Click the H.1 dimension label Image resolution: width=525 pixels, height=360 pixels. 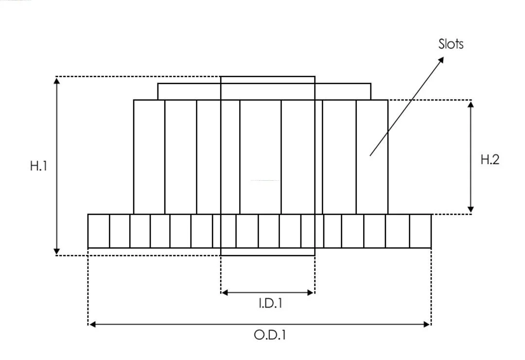click(38, 166)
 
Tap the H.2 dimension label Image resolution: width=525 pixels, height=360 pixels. click(490, 159)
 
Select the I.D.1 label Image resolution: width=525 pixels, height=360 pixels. click(271, 303)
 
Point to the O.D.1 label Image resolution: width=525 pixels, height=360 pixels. click(270, 335)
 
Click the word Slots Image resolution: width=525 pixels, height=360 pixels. click(451, 44)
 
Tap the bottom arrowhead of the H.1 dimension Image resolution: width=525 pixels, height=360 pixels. click(57, 251)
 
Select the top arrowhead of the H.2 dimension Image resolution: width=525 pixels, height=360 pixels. click(471, 104)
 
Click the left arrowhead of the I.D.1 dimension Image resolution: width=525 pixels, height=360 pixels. click(225, 293)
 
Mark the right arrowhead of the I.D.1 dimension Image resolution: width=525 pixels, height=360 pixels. click(310, 293)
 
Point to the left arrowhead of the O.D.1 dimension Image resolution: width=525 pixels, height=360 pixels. click(92, 324)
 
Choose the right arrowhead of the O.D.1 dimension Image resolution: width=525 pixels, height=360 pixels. click(427, 324)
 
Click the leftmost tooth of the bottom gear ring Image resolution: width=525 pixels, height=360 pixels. click(98, 231)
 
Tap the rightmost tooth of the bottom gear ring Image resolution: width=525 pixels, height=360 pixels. click(420, 231)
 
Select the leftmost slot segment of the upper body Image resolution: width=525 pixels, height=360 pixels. click(149, 157)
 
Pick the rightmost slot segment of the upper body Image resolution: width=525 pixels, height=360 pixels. click(372, 157)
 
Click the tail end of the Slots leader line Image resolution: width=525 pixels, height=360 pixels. click(370, 155)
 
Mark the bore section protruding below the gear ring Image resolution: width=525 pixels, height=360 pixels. click(268, 252)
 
